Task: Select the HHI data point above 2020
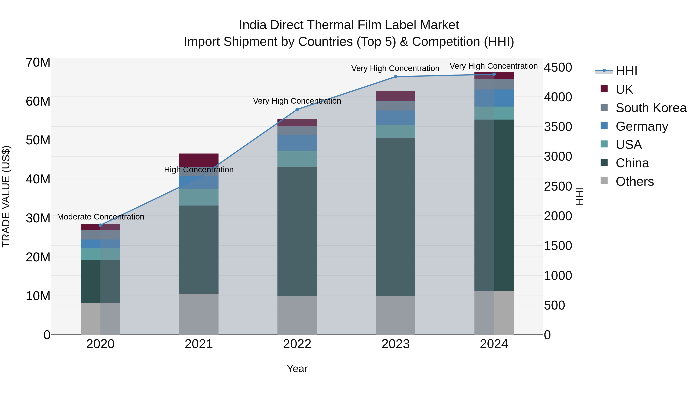[x=100, y=225]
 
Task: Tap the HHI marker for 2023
[x=395, y=77]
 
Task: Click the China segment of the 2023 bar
[x=395, y=217]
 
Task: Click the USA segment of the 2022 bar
[x=297, y=159]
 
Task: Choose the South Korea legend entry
[x=651, y=108]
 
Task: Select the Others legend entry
[x=634, y=181]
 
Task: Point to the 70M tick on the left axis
[x=38, y=63]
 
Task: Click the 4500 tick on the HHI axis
[x=558, y=68]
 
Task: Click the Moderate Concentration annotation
[x=100, y=217]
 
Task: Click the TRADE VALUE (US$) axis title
[x=6, y=196]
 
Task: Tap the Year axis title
[x=297, y=369]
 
